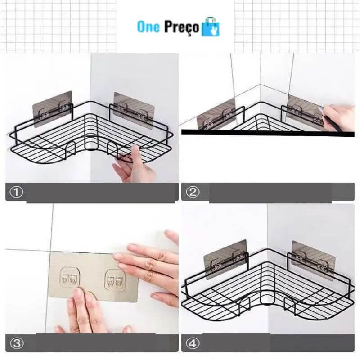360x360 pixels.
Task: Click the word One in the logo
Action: pyautogui.click(x=148, y=27)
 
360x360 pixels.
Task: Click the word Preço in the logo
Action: pyautogui.click(x=181, y=28)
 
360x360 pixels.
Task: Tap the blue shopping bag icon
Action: pyautogui.click(x=211, y=27)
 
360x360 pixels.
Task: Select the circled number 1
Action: pyautogui.click(x=16, y=192)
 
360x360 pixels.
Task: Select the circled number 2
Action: pyautogui.click(x=193, y=192)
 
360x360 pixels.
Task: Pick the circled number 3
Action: pyautogui.click(x=17, y=343)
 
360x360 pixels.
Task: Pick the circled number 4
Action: pyautogui.click(x=193, y=343)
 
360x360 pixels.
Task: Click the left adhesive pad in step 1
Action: pyautogui.click(x=52, y=109)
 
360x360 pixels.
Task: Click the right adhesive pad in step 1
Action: pyautogui.click(x=133, y=111)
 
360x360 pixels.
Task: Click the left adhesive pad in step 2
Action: pyautogui.click(x=216, y=114)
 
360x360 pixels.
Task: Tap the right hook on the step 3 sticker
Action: pyautogui.click(x=115, y=279)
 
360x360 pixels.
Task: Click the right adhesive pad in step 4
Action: pyautogui.click(x=313, y=261)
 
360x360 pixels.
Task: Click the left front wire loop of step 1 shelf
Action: pyautogui.click(x=71, y=150)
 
